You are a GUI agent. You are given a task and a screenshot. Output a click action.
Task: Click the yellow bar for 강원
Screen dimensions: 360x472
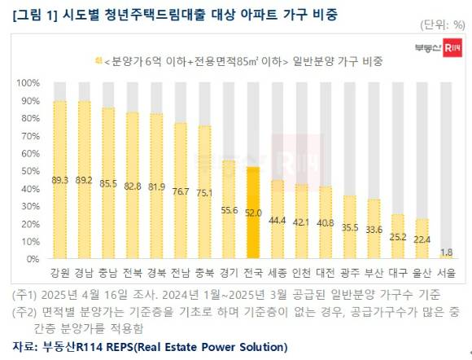[x=59, y=179]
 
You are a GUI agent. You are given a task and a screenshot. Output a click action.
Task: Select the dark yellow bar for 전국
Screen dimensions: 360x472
[x=254, y=213]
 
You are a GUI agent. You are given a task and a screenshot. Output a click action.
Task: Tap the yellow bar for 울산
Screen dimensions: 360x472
[x=423, y=238]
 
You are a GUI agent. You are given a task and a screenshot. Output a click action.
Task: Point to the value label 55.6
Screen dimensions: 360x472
[x=229, y=209]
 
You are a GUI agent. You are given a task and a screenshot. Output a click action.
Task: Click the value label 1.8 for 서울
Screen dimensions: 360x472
[x=447, y=252]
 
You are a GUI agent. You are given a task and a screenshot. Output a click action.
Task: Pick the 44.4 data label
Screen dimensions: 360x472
[x=278, y=220]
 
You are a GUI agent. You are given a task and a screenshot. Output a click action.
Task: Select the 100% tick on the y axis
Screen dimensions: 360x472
[x=28, y=83]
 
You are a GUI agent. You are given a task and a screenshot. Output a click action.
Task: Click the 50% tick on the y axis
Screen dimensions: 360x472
[x=29, y=171]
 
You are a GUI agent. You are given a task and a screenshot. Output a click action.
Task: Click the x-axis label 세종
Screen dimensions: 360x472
[x=278, y=273]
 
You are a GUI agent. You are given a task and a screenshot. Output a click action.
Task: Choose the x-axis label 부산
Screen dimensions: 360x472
[x=374, y=273]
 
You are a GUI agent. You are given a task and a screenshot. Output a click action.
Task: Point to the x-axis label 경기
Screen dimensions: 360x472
[x=229, y=273]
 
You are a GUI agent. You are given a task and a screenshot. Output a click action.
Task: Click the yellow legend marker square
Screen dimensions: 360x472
[x=98, y=61]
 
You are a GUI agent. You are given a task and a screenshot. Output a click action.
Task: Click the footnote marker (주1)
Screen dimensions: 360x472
[x=25, y=294]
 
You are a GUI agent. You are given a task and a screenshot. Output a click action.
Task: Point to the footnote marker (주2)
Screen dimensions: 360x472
[x=25, y=311]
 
